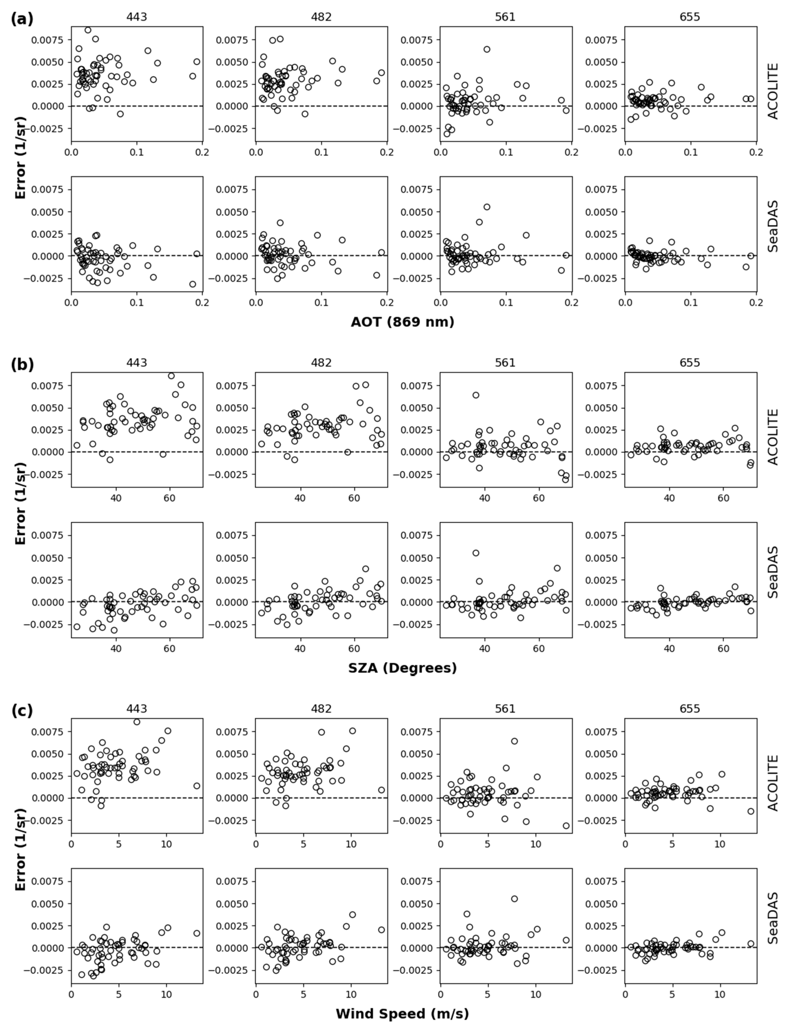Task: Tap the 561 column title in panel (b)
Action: click(505, 363)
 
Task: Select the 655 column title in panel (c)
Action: click(690, 709)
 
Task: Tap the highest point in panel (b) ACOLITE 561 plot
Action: click(476, 395)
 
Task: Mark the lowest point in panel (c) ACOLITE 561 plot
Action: click(566, 826)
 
